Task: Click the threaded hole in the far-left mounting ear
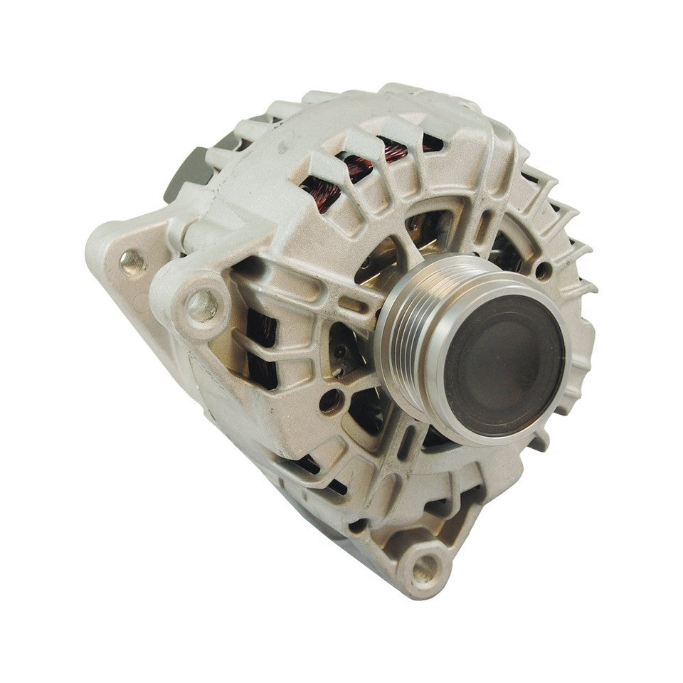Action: (x=129, y=261)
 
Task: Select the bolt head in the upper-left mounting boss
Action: (x=201, y=304)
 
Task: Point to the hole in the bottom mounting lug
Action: (x=425, y=566)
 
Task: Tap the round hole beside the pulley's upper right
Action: (x=542, y=271)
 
